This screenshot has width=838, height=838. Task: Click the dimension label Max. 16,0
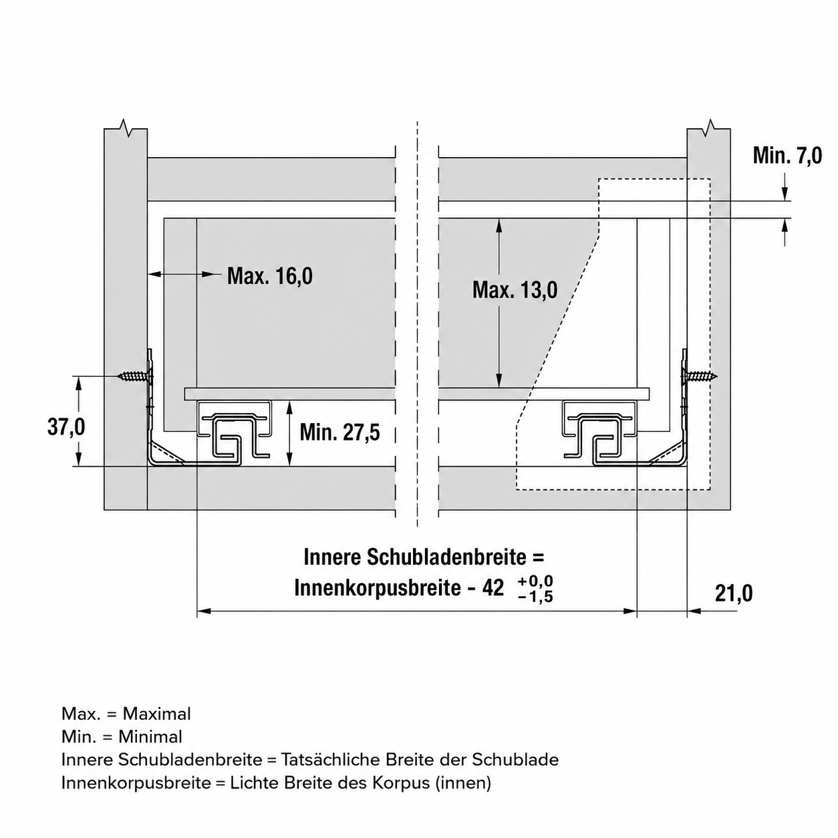(x=269, y=276)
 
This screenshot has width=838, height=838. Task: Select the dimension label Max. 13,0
(x=515, y=289)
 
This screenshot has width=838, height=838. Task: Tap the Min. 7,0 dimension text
(x=788, y=156)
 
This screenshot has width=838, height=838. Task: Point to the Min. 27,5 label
(x=339, y=432)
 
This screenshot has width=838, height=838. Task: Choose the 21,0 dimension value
(x=734, y=593)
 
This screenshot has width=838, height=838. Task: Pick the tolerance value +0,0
(x=535, y=581)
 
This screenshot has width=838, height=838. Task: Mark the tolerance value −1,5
(x=535, y=596)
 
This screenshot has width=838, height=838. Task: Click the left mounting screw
(x=135, y=376)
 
